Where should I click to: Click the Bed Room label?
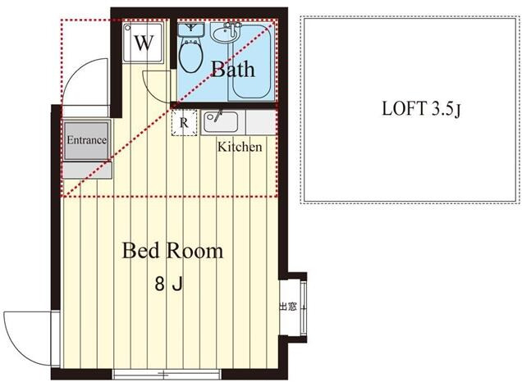[172, 251]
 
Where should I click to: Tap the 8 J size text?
[169, 284]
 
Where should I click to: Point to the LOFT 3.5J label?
[421, 109]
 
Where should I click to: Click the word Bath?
[233, 69]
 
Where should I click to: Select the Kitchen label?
[240, 147]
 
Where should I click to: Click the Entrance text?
[86, 140]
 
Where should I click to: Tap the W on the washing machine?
[144, 43]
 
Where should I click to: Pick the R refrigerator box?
[184, 123]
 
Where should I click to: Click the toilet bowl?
[190, 57]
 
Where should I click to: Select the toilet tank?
[190, 30]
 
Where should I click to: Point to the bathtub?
[251, 61]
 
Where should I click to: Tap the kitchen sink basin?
[221, 122]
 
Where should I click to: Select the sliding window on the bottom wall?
[166, 375]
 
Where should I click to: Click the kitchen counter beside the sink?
[261, 122]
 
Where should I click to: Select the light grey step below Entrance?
[86, 171]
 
